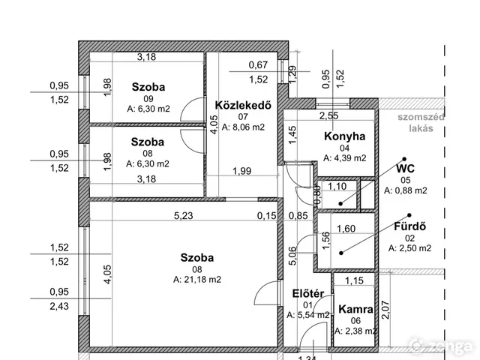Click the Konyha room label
coord(345,136)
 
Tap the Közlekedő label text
coord(243,105)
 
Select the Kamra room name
coord(355,309)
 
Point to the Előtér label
coord(308,293)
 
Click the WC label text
coord(405,169)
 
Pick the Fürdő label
coord(409,226)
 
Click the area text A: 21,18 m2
coord(197,280)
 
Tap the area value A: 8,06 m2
coord(243,127)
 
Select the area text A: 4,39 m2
coord(345,158)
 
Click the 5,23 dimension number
coord(184,216)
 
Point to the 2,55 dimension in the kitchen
coord(329,115)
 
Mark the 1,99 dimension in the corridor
coord(241,171)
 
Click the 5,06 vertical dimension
coord(292,256)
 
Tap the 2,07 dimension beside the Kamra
coord(385,310)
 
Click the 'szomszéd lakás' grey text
coord(421,122)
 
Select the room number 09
coord(148,99)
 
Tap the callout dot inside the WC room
coord(340,203)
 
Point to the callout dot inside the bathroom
coord(341,253)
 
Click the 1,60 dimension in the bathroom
coord(346,229)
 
